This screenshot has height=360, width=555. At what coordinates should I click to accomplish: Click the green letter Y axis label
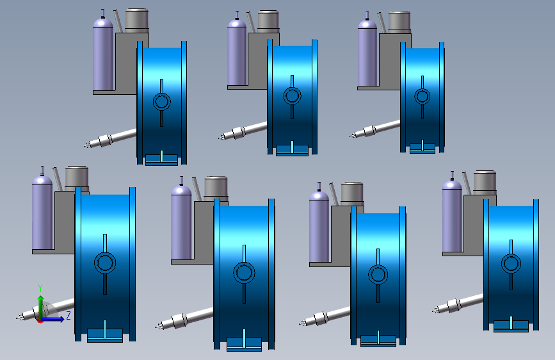pos(40,288)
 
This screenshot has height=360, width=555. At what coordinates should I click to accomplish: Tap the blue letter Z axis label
pos(68,315)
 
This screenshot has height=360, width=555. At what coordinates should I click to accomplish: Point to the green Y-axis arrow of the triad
pos(41,307)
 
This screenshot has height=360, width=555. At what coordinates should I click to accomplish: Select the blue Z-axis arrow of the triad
pos(52,319)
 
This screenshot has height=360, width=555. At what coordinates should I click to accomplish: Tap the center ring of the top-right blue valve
pos(422,96)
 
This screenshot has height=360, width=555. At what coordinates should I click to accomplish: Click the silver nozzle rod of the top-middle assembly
pos(243,131)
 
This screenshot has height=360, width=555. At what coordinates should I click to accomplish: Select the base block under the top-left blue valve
pos(162,160)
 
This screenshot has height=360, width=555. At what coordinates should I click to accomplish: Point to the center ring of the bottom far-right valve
pos(511,263)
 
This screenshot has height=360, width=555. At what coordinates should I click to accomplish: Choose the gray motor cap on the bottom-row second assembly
pos(216,189)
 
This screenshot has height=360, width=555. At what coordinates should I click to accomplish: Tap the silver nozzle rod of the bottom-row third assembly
pos(325,316)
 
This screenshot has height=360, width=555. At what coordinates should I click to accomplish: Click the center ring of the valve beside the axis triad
pos(105,263)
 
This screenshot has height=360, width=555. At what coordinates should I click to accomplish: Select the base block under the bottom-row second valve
pos(245,344)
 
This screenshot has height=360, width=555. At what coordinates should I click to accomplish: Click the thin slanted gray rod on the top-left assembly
pos(118,21)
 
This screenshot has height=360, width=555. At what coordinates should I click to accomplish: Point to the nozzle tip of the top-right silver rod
pos(351,135)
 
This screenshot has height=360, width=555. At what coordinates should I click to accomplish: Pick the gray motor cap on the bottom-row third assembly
pos(352,194)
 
